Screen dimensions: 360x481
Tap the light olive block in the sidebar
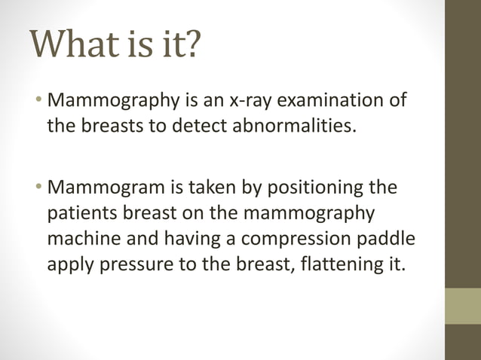[462, 306]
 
